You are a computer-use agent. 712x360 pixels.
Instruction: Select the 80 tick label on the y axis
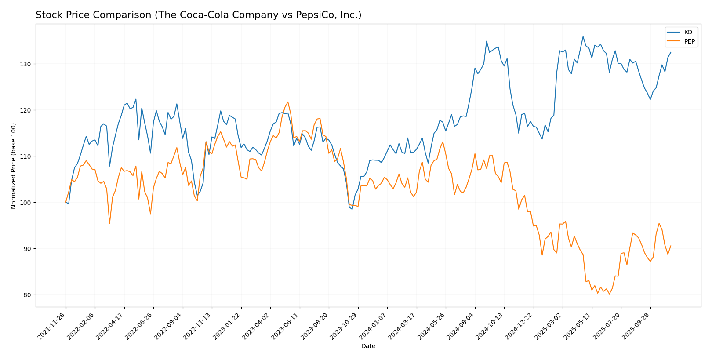pyautogui.click(x=28, y=295)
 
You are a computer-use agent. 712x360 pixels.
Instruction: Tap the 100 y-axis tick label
pyautogui.click(x=27, y=203)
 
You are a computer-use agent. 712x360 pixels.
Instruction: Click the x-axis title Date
pyautogui.click(x=368, y=346)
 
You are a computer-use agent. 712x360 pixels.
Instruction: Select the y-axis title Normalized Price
pyautogui.click(x=14, y=166)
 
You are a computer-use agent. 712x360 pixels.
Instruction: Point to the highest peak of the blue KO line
pyautogui.click(x=583, y=36)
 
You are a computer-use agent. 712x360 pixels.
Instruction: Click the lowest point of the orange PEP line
pyautogui.click(x=609, y=294)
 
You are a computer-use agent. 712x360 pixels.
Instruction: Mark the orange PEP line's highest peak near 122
pyautogui.click(x=288, y=102)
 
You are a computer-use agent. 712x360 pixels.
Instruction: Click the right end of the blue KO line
pyautogui.click(x=670, y=52)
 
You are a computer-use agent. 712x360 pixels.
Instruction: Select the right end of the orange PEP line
pyautogui.click(x=670, y=246)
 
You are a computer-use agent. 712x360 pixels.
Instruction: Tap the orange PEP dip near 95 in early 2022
pyautogui.click(x=109, y=223)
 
